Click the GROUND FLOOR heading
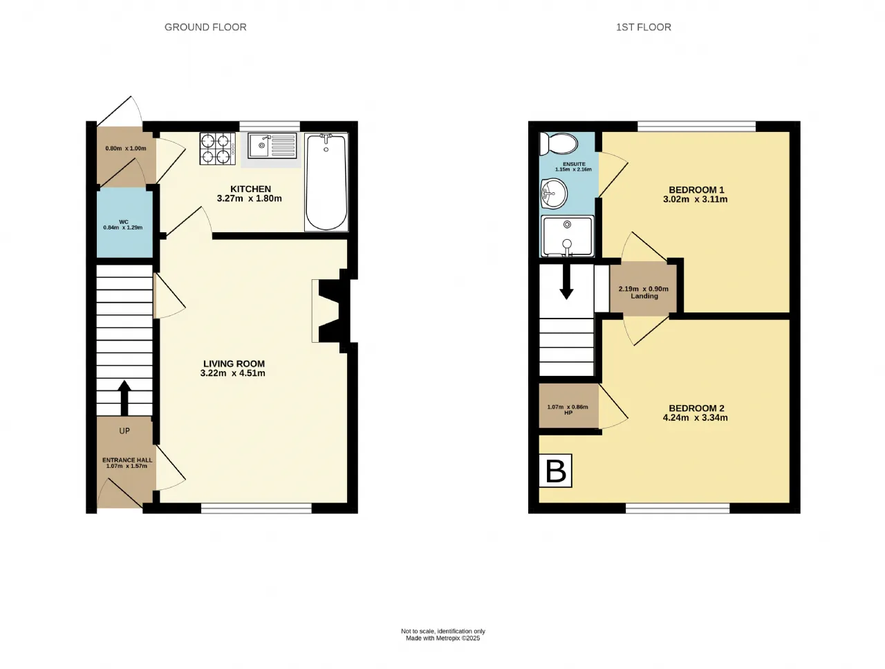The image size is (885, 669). (x=205, y=27)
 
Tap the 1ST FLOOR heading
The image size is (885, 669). (x=644, y=27)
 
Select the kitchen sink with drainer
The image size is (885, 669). (x=272, y=146)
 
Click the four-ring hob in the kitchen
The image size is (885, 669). (x=217, y=149)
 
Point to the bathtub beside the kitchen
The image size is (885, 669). (x=326, y=182)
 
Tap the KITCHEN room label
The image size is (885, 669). (x=250, y=189)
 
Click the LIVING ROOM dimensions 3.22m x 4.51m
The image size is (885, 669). (x=232, y=373)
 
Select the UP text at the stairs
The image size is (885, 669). (x=124, y=431)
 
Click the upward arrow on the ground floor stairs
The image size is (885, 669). (x=124, y=398)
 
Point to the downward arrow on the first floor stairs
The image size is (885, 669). (x=566, y=282)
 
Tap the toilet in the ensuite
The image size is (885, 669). (x=559, y=144)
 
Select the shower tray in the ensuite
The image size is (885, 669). (x=567, y=236)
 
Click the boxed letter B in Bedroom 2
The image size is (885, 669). (x=556, y=471)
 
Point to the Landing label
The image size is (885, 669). (x=644, y=296)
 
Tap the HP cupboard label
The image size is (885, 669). (x=568, y=413)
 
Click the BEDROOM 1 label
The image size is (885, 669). (x=697, y=190)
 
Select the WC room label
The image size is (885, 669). (x=124, y=222)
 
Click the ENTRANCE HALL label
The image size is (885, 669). (x=127, y=460)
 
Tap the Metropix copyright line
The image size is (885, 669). (x=442, y=638)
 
